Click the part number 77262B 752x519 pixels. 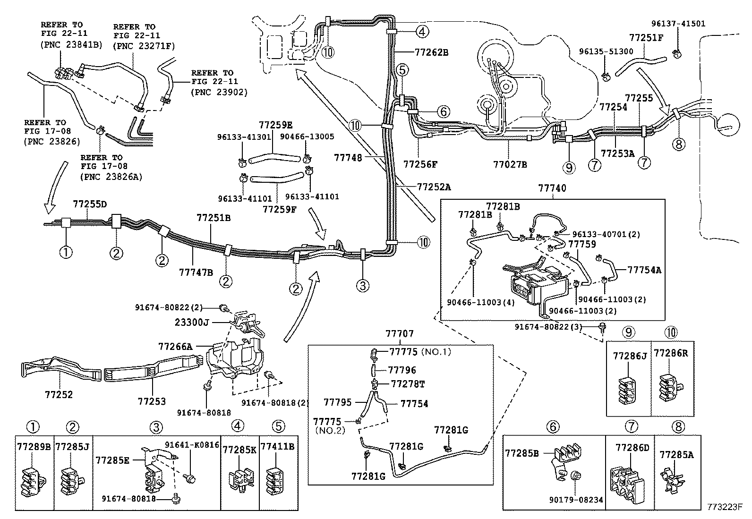tap(431, 52)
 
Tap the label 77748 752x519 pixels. tap(348, 157)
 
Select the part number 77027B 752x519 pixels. tap(510, 164)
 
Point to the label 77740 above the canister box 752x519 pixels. tap(552, 188)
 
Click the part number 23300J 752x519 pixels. tap(192, 322)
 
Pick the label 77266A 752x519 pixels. tap(176, 347)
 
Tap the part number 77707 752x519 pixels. tap(400, 334)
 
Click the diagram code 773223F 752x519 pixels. tap(725, 507)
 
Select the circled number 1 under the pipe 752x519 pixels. tap(66, 252)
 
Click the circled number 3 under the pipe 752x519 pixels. tap(363, 286)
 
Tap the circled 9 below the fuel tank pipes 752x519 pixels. tap(569, 168)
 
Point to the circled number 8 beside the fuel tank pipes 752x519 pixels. tap(678, 144)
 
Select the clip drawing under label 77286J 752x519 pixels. tap(627, 391)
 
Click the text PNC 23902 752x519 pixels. tap(219, 92)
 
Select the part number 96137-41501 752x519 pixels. tap(678, 24)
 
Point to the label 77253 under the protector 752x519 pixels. tap(152, 401)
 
